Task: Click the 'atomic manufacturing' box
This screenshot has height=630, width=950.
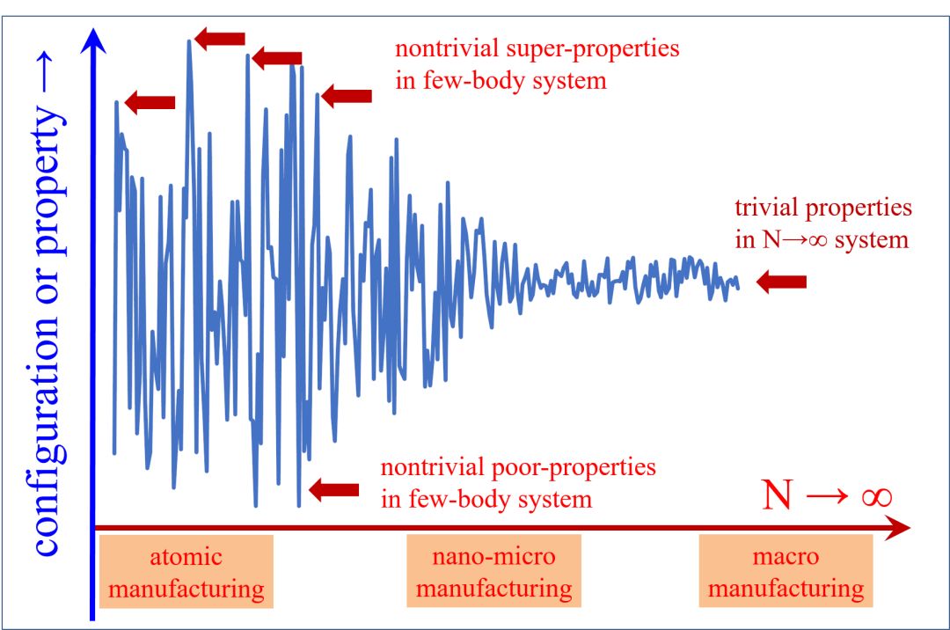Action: (x=186, y=572)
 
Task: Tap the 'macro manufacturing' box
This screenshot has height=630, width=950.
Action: (x=786, y=572)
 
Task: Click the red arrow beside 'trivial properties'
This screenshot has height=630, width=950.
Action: (x=782, y=282)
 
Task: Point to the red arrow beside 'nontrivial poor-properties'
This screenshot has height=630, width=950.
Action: (x=334, y=489)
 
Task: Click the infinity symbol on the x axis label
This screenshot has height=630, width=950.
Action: (x=876, y=497)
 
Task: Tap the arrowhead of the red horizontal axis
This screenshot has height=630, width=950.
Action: (x=899, y=528)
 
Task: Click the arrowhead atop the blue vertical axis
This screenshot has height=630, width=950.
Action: (x=91, y=40)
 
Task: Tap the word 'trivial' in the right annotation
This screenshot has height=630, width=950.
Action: (x=764, y=209)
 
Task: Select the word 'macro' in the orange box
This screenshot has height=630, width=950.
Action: (x=786, y=557)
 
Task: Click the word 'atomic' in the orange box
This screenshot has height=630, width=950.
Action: (x=186, y=557)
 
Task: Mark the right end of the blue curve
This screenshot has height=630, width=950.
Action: (x=738, y=288)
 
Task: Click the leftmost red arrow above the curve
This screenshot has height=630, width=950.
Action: (x=150, y=103)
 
